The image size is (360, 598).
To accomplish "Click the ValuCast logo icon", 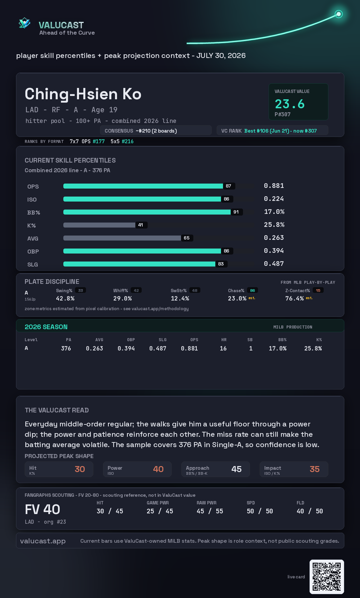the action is coord(24,23).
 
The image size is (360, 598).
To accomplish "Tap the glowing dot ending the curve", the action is coord(339,14).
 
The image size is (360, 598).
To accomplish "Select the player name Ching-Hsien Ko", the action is coord(83,94).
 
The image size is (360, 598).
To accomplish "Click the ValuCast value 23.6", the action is coord(290,104).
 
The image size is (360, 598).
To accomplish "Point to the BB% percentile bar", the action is coord(147,212).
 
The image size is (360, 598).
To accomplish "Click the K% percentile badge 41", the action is coord(141,225).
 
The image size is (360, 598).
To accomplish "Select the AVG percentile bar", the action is coord(122,238).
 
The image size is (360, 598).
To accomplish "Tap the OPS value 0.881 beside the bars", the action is coord(274,186).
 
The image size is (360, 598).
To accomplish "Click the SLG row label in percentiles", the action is coord(33,265).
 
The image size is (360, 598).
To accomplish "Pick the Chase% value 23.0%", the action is coord(237,299).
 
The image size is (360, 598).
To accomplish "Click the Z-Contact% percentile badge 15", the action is coord(318,291).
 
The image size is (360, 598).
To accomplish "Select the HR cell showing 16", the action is coord(223,348).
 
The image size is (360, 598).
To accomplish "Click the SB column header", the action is coord(250,340).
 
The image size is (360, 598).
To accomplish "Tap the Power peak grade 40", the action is coord(158,469).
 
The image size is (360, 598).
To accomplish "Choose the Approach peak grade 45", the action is coord(236,469).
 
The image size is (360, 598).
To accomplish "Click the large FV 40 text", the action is coord(42,509).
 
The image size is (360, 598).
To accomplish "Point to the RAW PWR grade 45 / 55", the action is coord(210,511).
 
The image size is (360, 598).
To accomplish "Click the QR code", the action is coord(327,577).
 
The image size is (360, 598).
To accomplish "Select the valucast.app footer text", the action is coord(43,541).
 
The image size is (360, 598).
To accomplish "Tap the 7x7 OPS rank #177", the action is coord(99,141).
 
